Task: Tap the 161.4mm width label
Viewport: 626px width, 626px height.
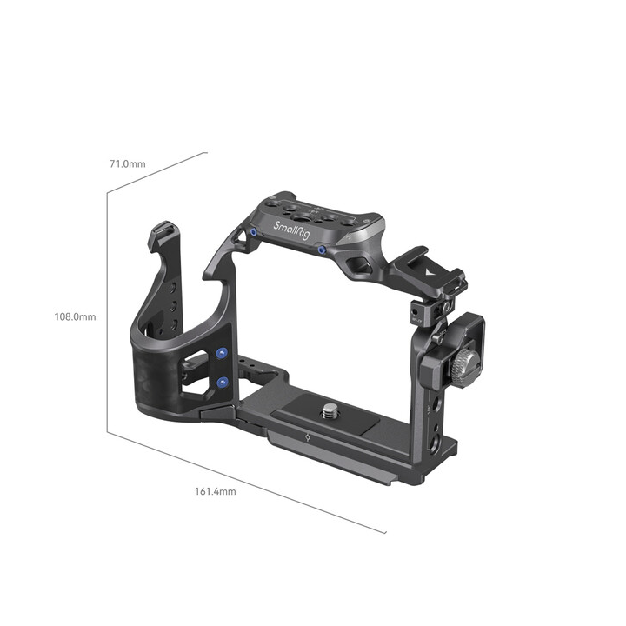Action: coord(215,491)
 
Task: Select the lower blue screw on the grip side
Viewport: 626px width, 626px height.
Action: coord(223,382)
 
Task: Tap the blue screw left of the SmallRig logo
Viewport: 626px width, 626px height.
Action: coord(250,233)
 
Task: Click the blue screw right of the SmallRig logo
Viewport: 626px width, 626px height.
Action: coord(322,250)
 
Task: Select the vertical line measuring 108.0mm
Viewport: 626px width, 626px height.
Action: coord(108,313)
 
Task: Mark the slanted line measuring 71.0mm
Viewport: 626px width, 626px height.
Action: coord(157,173)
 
